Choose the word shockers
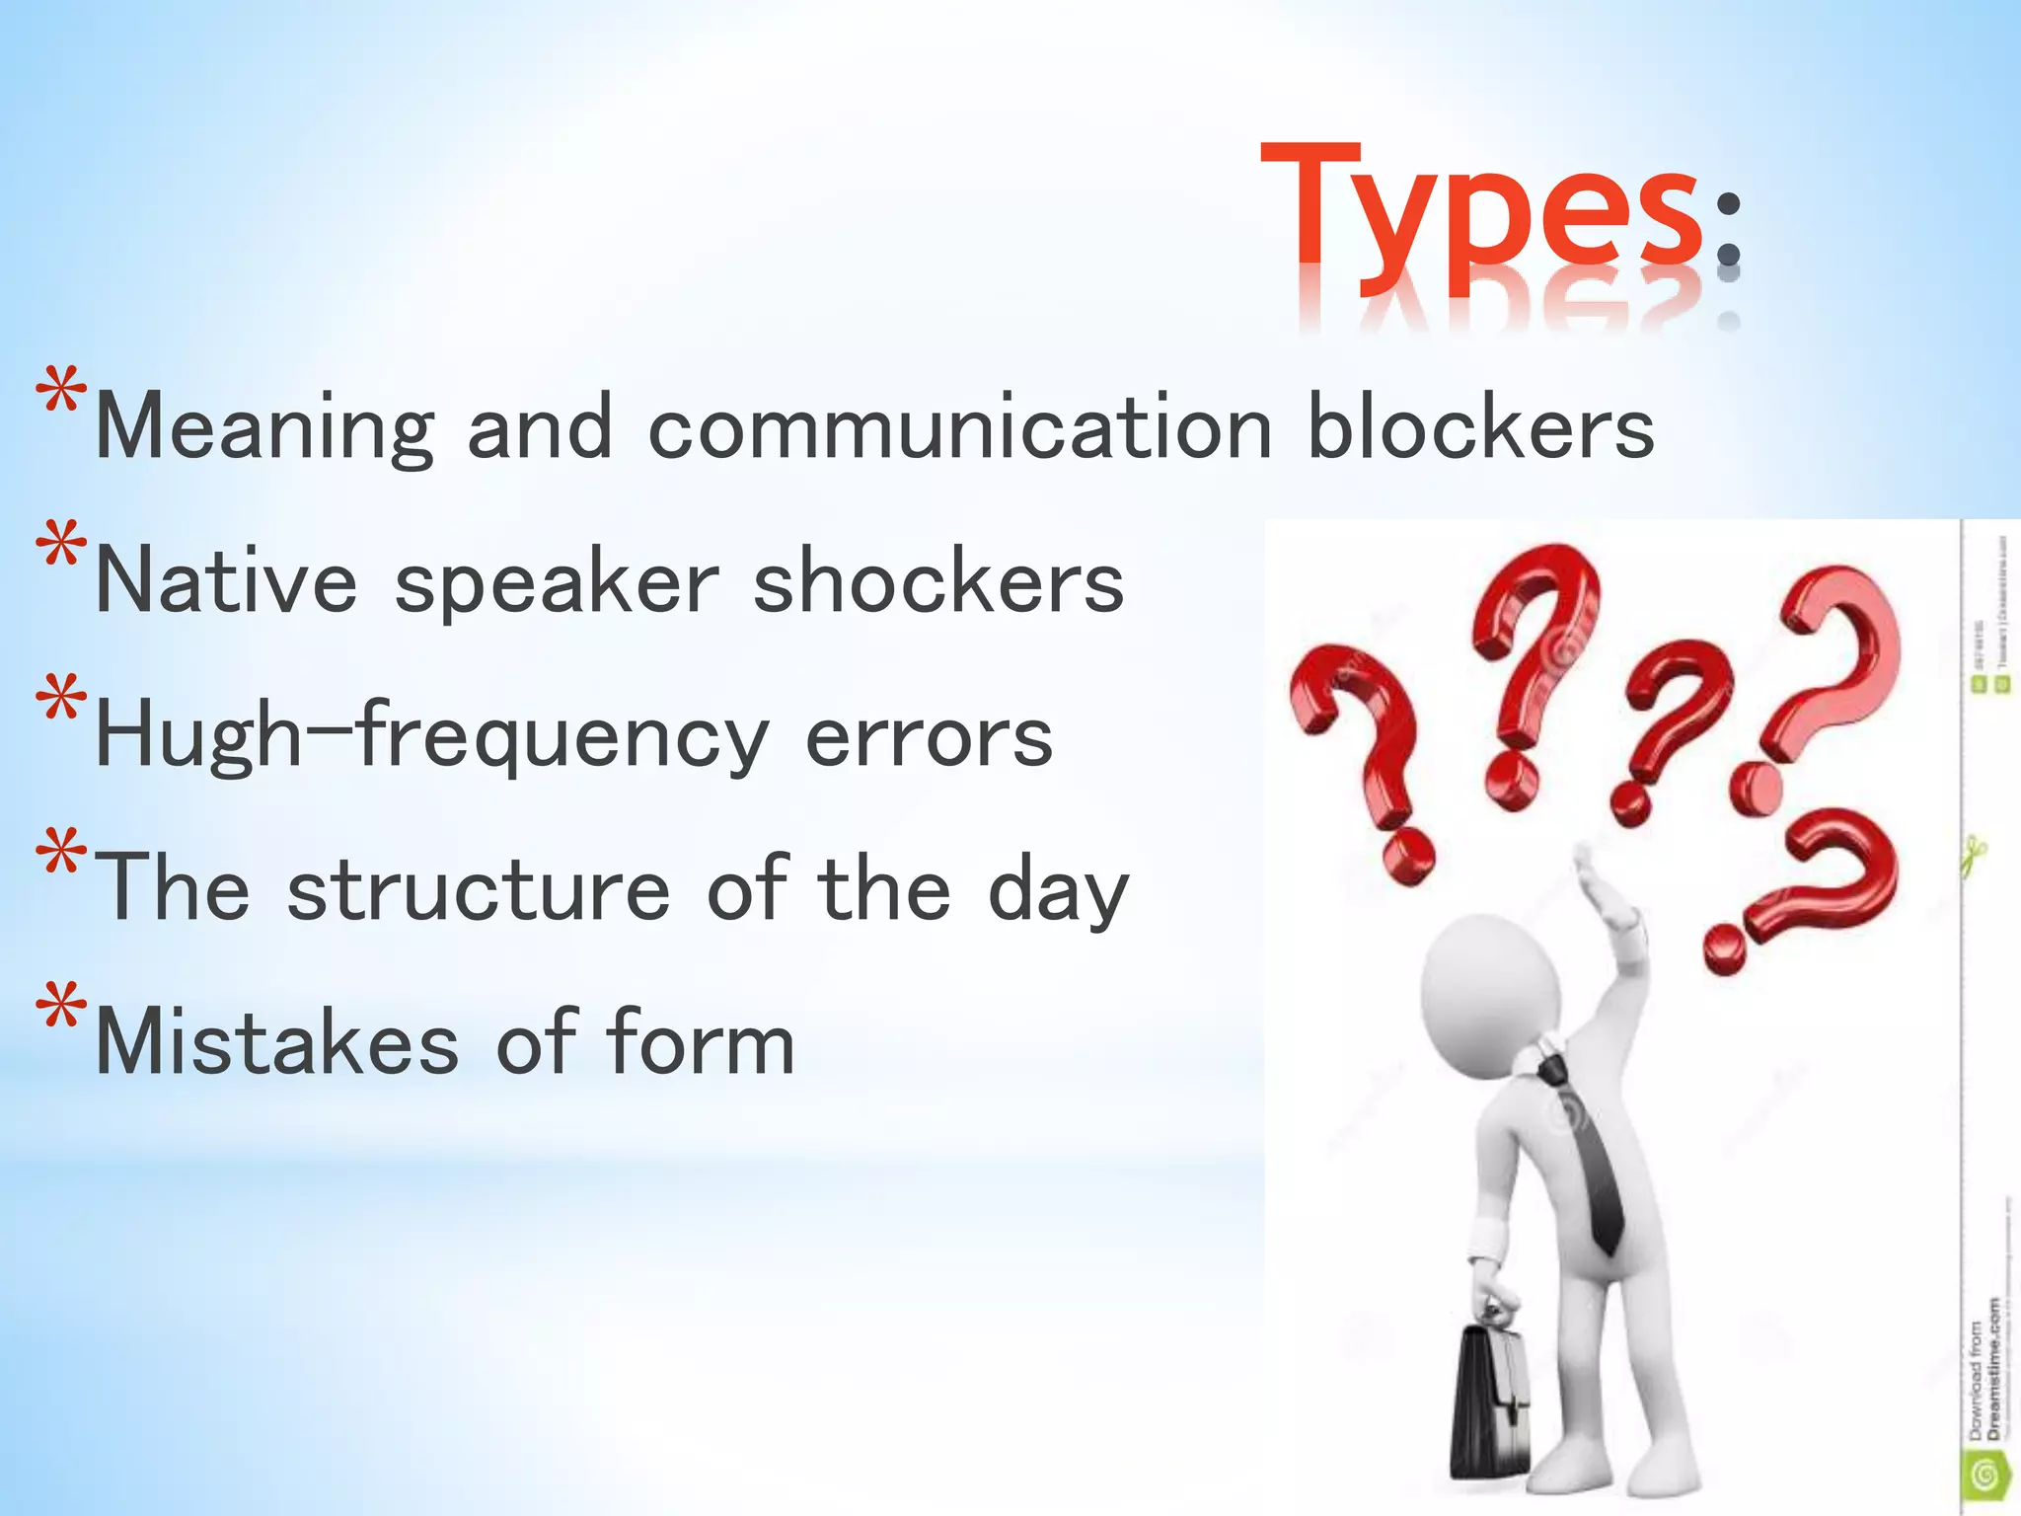(x=937, y=582)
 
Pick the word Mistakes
(x=277, y=1043)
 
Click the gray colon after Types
(x=1728, y=230)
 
